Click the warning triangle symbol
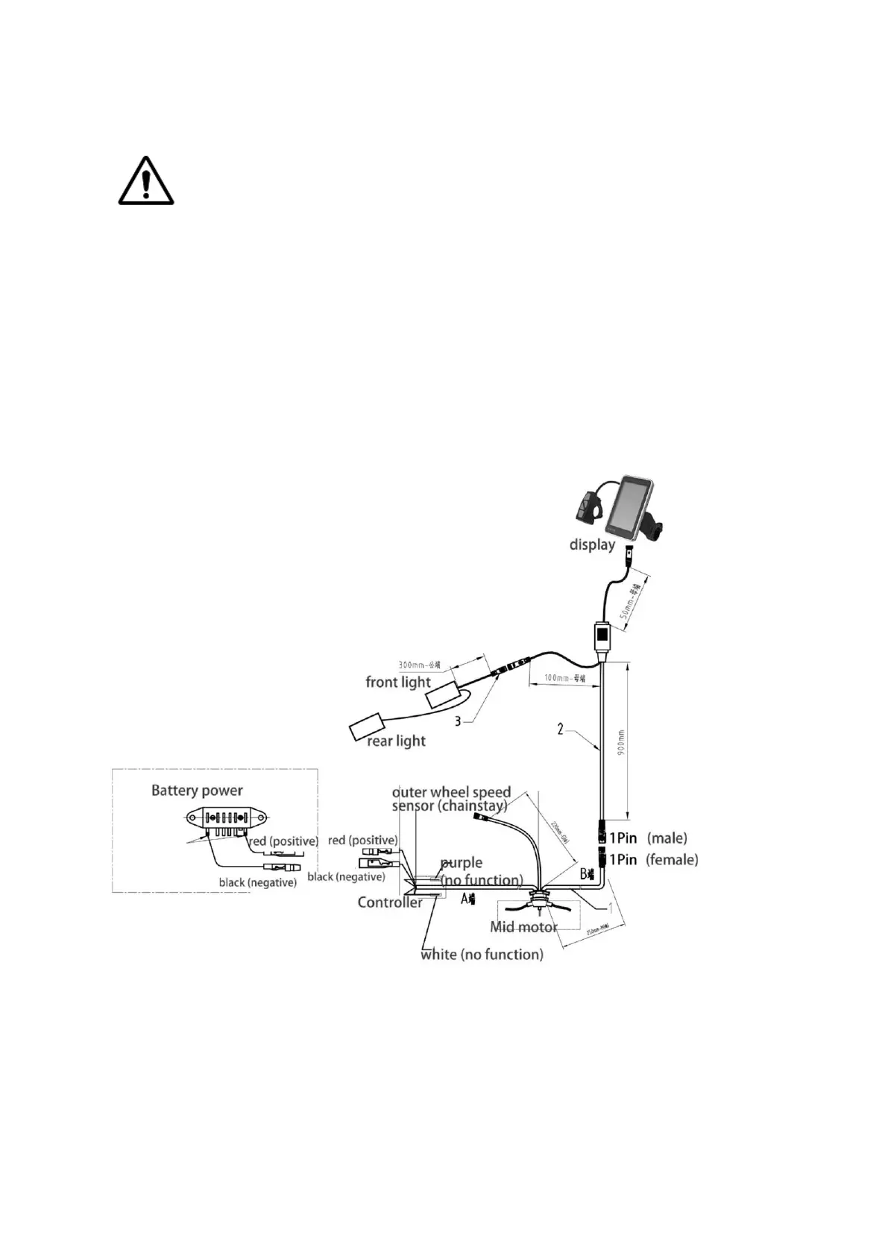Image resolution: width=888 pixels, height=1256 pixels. tap(146, 181)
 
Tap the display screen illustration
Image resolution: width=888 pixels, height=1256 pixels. tap(631, 506)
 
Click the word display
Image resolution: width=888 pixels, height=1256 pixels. tap(592, 544)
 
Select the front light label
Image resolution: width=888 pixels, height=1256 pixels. tap(398, 682)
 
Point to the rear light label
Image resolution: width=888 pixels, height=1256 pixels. tap(396, 741)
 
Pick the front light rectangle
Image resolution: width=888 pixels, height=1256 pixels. tap(444, 694)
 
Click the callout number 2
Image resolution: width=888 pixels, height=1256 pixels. tap(561, 729)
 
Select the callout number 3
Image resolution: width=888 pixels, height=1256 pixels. tap(458, 720)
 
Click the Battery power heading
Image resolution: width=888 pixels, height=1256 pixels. tap(197, 791)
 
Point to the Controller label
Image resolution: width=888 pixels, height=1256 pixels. tap(390, 902)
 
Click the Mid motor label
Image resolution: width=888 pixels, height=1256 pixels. tap(523, 927)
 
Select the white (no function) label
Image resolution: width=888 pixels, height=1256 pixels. tap(482, 954)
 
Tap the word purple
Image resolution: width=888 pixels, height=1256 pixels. tap(462, 863)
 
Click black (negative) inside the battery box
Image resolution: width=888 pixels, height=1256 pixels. tap(257, 882)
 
